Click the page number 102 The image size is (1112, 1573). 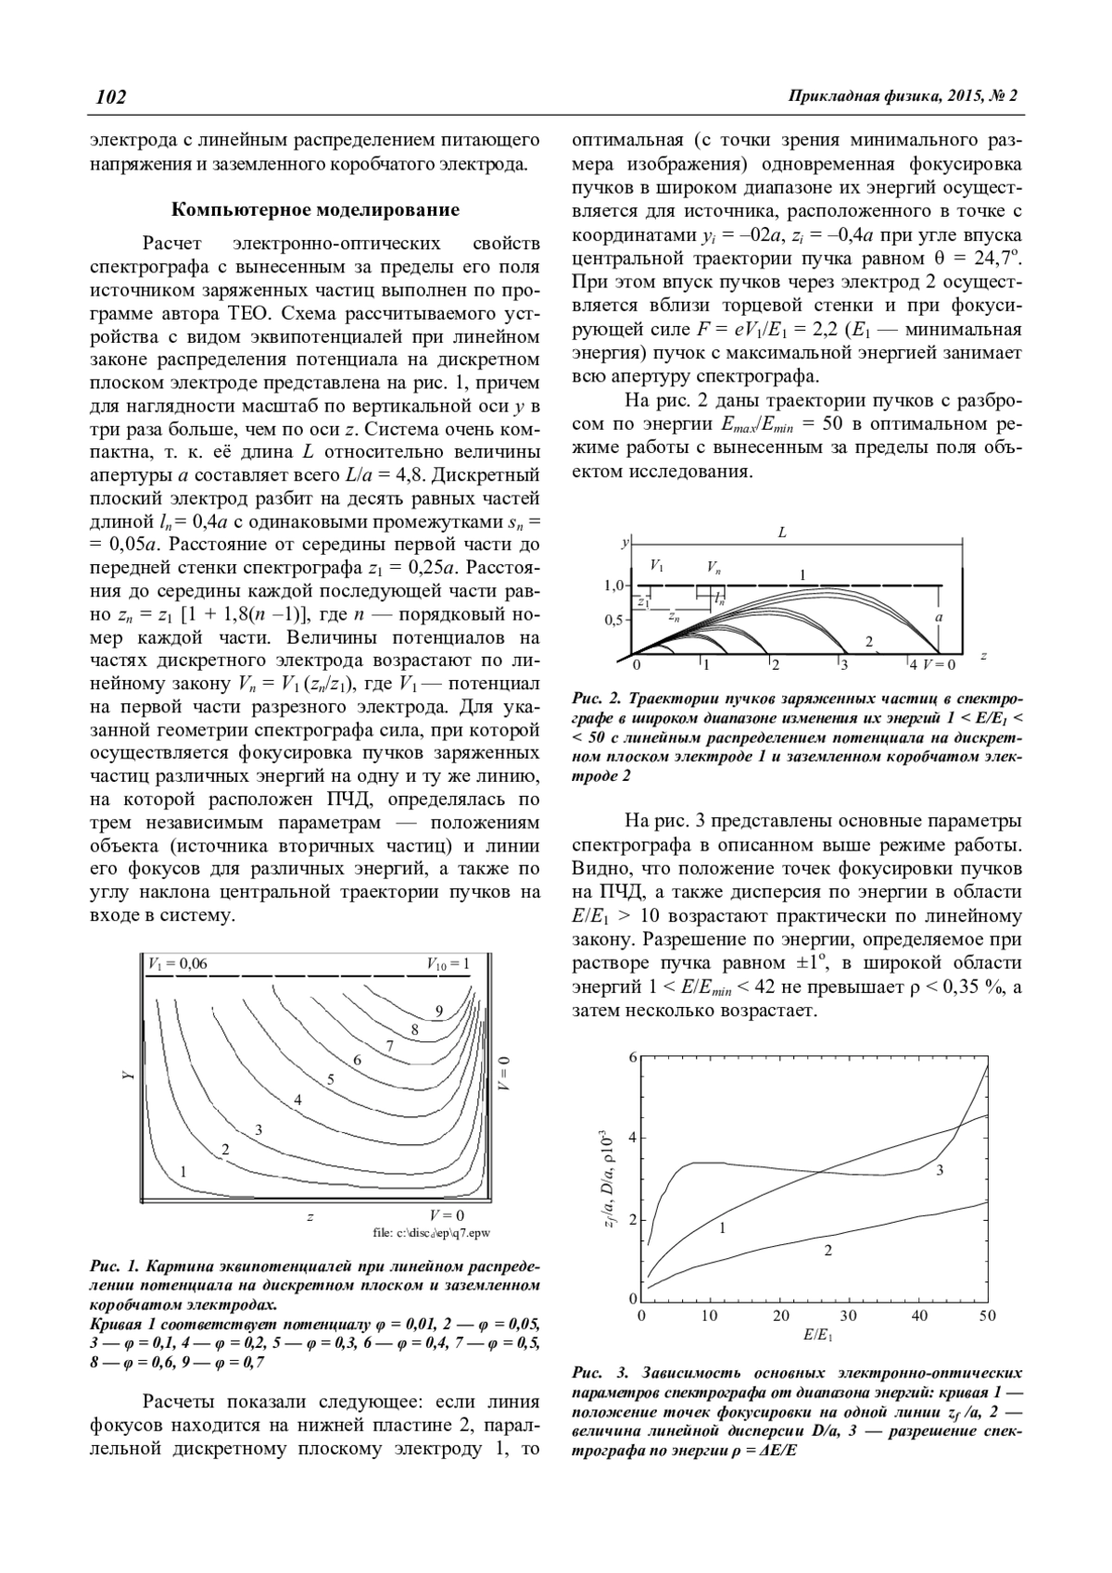110,96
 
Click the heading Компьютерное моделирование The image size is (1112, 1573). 316,209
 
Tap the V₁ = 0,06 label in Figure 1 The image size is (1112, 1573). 178,963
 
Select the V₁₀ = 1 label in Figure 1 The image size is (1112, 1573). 449,963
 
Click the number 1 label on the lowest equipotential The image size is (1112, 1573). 183,1172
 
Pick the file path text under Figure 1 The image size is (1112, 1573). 431,1233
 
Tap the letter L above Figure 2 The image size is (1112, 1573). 782,533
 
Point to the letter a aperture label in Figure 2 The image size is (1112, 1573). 939,616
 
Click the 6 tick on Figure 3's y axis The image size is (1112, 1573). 633,1058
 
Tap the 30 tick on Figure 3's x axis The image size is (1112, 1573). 849,1315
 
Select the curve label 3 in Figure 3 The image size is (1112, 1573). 940,1171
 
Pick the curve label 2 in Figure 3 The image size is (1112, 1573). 828,1251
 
